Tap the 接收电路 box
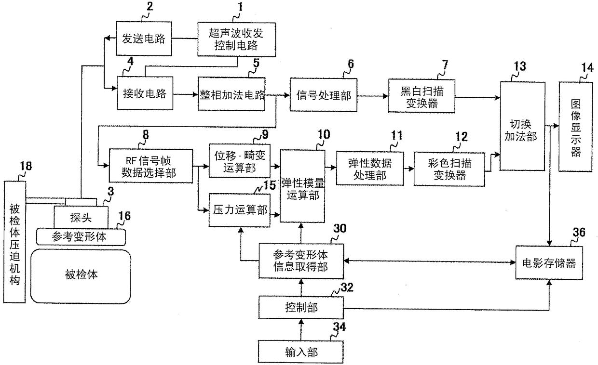point(145,94)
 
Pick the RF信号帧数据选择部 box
point(151,166)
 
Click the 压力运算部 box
point(239,210)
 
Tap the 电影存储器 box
point(549,263)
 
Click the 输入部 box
point(302,352)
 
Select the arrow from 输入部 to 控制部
point(302,330)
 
